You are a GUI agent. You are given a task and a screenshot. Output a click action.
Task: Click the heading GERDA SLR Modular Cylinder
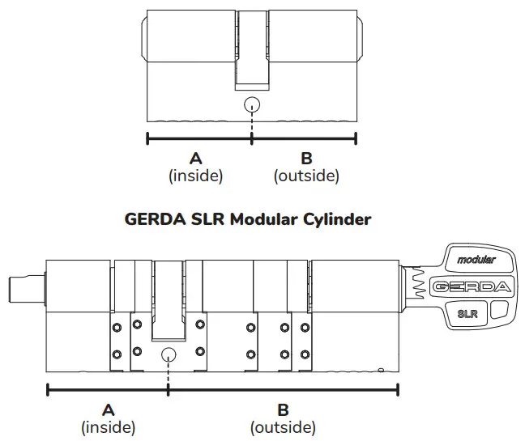248,219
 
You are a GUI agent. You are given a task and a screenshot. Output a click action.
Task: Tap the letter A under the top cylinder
195,159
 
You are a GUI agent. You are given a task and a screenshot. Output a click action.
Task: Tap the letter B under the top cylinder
305,159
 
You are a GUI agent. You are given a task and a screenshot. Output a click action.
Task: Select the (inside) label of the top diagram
195,175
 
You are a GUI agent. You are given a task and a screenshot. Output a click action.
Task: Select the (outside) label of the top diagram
306,175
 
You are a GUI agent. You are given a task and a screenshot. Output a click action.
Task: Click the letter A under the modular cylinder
108,409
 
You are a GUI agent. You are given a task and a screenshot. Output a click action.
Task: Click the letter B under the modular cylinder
283,409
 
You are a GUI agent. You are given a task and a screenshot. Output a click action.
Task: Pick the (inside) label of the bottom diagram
108,426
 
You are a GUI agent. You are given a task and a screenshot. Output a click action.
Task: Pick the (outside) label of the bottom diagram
283,426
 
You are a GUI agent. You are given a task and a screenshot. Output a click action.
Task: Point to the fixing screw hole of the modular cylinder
169,354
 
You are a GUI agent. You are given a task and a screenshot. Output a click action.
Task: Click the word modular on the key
476,260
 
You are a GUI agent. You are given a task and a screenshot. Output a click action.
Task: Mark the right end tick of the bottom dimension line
398,389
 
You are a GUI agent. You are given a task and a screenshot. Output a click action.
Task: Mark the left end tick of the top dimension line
147,138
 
